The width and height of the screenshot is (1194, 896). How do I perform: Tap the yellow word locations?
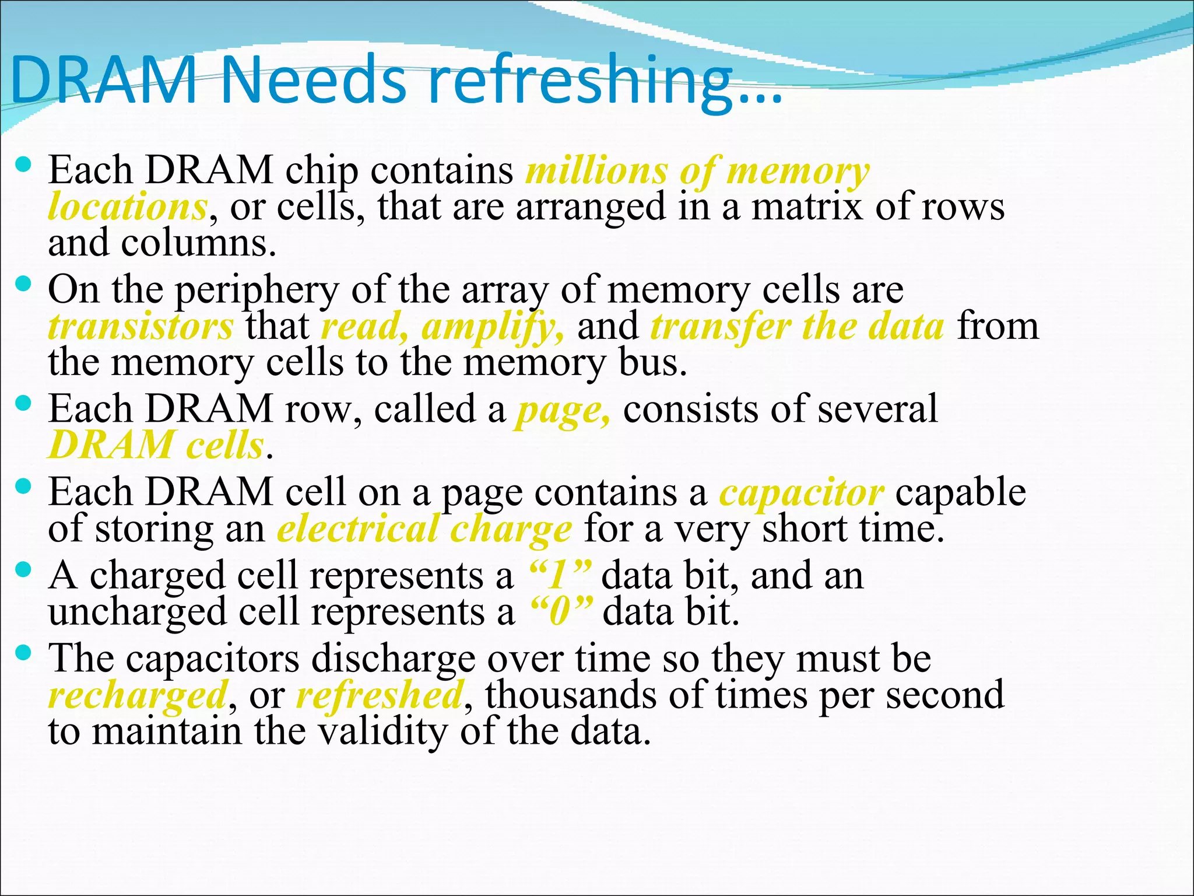coord(128,207)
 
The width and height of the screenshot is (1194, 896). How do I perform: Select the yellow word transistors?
coord(141,327)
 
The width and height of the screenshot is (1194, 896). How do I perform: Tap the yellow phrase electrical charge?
coord(424,530)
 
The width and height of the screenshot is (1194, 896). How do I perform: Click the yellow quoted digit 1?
coord(559,576)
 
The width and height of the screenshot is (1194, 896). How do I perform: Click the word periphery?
coord(257,290)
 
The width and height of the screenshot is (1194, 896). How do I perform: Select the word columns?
coord(198,243)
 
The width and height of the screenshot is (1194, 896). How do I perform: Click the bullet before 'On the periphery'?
coord(24,285)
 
